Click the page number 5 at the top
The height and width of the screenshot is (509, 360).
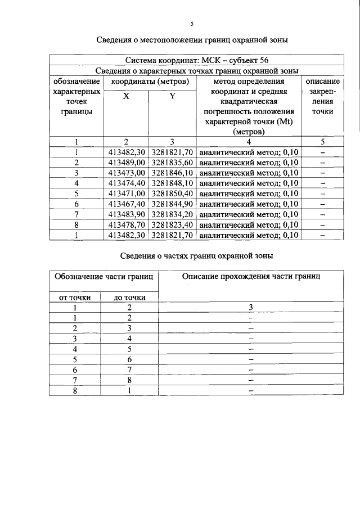coord(191,24)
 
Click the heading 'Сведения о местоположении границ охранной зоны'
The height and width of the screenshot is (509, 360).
coord(191,40)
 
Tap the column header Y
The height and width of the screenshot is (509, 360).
coord(172,96)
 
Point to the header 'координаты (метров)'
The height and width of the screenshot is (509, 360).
coord(149,81)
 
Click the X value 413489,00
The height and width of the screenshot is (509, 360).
coord(127,162)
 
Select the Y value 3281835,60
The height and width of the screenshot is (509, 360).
coord(173,162)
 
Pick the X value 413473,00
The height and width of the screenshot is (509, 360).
coord(127,173)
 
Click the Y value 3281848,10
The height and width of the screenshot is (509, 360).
coord(173,183)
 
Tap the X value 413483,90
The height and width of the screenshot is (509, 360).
coord(127,214)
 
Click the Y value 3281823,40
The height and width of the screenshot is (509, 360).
coord(173,225)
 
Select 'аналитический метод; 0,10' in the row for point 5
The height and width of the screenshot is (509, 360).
coord(249,193)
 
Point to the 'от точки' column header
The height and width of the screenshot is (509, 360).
coord(74,297)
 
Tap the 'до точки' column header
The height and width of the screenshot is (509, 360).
coord(129,297)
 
